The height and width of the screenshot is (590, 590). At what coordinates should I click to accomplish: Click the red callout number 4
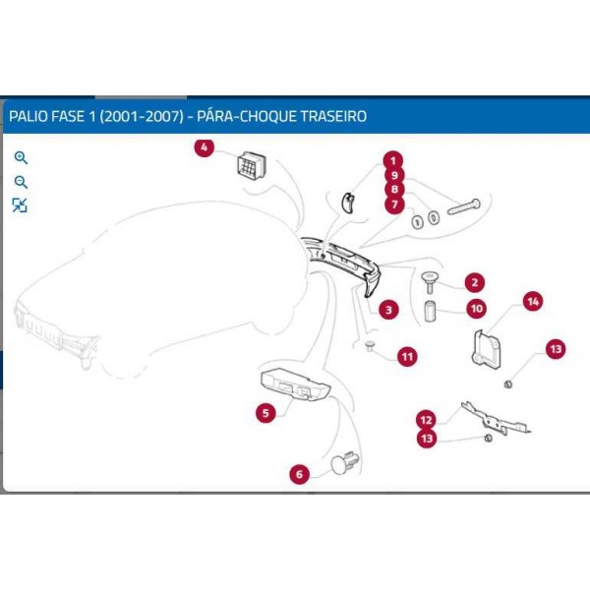tap(204, 148)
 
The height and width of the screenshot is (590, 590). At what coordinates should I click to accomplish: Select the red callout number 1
tap(391, 160)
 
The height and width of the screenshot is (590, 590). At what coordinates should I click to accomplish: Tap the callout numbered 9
tap(392, 175)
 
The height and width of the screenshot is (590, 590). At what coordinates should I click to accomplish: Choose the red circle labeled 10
tap(476, 308)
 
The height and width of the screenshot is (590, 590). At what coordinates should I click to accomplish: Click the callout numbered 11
tap(407, 356)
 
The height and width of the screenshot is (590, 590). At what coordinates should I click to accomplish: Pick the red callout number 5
tap(265, 413)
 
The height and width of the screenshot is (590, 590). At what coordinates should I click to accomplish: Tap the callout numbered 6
tap(300, 475)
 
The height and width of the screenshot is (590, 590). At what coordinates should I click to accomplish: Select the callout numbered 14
tap(532, 302)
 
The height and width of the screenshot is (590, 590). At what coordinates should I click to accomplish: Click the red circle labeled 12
tap(425, 418)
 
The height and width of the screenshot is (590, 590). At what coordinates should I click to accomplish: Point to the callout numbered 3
tap(389, 310)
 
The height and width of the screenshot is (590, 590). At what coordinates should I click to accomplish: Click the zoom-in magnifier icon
tap(21, 157)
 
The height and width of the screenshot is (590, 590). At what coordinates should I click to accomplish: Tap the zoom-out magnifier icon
tap(21, 182)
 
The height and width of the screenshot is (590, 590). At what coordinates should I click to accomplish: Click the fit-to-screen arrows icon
tap(21, 205)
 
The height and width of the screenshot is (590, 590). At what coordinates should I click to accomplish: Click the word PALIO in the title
tap(28, 116)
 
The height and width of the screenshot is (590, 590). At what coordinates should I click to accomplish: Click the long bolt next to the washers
tap(462, 208)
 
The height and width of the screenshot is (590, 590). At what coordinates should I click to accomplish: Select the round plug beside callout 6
tap(345, 464)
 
